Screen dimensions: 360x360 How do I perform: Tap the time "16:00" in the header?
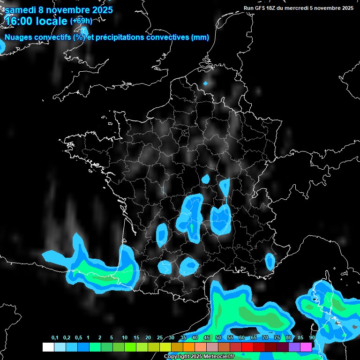18,21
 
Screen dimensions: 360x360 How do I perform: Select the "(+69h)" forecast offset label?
81,21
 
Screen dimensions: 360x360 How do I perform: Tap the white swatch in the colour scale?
48,347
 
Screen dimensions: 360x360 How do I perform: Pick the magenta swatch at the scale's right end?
306,347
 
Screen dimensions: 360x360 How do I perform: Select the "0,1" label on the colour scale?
55,338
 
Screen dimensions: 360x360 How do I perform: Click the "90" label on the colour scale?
312,338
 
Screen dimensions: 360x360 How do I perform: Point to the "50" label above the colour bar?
218,338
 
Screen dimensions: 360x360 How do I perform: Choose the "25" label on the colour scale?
160,338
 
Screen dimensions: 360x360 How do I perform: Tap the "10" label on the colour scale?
125,338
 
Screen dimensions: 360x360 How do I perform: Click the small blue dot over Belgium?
205,83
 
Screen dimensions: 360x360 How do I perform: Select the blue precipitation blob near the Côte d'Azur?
270,261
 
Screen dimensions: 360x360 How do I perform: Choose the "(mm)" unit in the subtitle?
200,37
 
